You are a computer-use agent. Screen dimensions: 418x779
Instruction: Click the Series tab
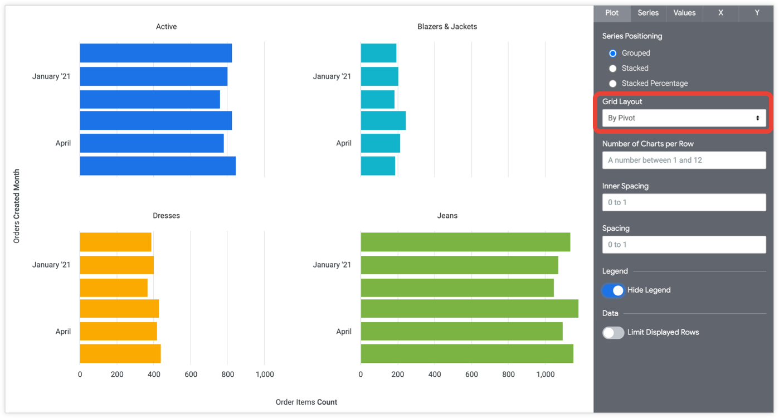(648, 13)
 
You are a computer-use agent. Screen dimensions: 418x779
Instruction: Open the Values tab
(684, 13)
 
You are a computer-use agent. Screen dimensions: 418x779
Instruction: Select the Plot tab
(612, 13)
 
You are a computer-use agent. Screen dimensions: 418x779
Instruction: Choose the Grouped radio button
(613, 54)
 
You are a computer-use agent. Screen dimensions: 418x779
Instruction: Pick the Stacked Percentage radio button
(613, 84)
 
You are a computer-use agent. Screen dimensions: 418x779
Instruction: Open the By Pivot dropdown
(684, 118)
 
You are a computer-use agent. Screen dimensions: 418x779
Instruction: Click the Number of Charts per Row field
(684, 161)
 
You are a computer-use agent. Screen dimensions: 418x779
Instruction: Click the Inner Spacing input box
(684, 202)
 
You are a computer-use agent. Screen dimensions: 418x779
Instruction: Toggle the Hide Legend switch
(613, 290)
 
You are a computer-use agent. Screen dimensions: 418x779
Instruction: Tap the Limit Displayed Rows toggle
(613, 333)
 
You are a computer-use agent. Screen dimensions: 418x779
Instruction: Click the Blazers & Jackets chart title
(447, 27)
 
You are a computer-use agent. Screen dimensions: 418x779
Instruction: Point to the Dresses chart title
(166, 216)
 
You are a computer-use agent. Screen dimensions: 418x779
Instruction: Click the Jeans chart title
(447, 216)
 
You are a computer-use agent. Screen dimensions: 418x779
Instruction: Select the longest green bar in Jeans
(469, 309)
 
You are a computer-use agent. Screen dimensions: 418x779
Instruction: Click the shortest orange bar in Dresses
(114, 288)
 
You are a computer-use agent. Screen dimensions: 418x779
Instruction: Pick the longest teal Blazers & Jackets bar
(383, 121)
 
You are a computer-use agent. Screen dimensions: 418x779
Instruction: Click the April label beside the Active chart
(63, 143)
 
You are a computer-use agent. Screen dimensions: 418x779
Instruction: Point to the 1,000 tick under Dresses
(265, 375)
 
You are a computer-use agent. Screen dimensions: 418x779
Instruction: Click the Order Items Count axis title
(306, 402)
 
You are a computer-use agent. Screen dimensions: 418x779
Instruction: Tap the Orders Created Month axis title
(17, 206)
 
